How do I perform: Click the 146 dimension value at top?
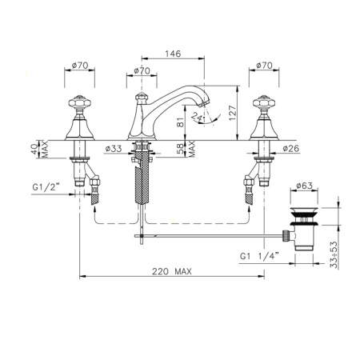pyautogui.click(x=173, y=54)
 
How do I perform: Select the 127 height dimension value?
pyautogui.click(x=233, y=113)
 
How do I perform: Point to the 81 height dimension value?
pyautogui.click(x=181, y=122)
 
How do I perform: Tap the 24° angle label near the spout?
pyautogui.click(x=198, y=116)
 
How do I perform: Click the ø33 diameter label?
pyautogui.click(x=114, y=149)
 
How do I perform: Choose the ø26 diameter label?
pyautogui.click(x=291, y=148)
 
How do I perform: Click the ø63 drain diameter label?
pyautogui.click(x=304, y=186)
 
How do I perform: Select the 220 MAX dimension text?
pyautogui.click(x=172, y=271)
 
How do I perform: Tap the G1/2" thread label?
pyautogui.click(x=46, y=187)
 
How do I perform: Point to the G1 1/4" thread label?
pyautogui.click(x=259, y=256)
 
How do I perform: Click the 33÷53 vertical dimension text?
pyautogui.click(x=334, y=255)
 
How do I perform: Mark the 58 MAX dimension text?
pyautogui.click(x=186, y=149)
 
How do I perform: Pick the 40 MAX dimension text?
pyautogui.click(x=39, y=150)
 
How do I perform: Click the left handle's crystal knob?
pyautogui.click(x=79, y=102)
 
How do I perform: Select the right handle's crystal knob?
pyautogui.click(x=264, y=102)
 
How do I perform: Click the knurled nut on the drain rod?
pyautogui.click(x=286, y=235)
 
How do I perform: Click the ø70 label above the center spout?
pyautogui.click(x=142, y=71)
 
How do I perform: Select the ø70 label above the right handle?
pyautogui.click(x=264, y=66)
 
